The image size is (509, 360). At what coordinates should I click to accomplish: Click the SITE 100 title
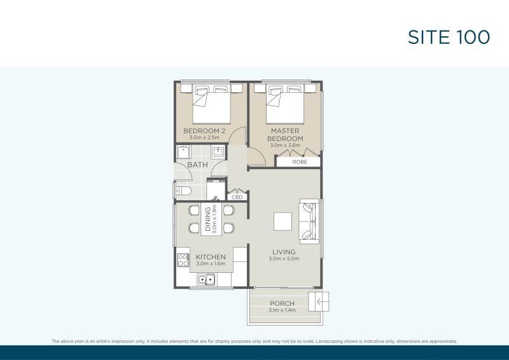pyautogui.click(x=449, y=37)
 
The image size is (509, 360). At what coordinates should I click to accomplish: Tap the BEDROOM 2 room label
pyautogui.click(x=204, y=131)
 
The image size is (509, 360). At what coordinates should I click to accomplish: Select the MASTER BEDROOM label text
pyautogui.click(x=285, y=134)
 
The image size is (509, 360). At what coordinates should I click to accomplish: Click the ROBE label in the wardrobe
pyautogui.click(x=299, y=162)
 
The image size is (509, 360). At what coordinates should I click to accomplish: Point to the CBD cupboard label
pyautogui.click(x=237, y=197)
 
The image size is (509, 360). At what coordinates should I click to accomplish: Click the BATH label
pyautogui.click(x=197, y=165)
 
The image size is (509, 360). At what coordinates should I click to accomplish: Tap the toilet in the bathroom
pyautogui.click(x=183, y=191)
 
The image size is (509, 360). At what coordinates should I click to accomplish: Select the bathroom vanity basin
pyautogui.click(x=218, y=151)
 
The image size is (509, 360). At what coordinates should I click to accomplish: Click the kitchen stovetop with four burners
pyautogui.click(x=183, y=260)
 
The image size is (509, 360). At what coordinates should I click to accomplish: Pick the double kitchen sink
pyautogui.click(x=206, y=279)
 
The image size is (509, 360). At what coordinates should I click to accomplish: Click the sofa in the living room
pyautogui.click(x=310, y=221)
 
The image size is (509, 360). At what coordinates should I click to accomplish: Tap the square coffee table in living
pyautogui.click(x=282, y=221)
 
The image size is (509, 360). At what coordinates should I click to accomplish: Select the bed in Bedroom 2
pyautogui.click(x=211, y=104)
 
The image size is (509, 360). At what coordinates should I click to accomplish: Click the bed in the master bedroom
pyautogui.click(x=285, y=104)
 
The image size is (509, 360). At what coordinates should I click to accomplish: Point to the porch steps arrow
pyautogui.click(x=321, y=302)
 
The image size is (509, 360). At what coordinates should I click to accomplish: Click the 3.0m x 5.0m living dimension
pyautogui.click(x=284, y=259)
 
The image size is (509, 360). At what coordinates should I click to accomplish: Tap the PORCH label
pyautogui.click(x=282, y=303)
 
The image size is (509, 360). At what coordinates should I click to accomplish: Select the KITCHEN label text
pyautogui.click(x=211, y=257)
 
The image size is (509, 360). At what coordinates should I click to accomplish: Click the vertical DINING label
pyautogui.click(x=208, y=219)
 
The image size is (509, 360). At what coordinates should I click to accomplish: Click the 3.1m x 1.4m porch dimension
pyautogui.click(x=282, y=310)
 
